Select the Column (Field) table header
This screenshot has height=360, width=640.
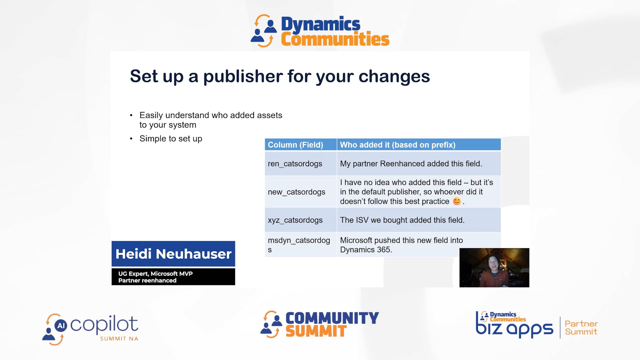tap(295, 145)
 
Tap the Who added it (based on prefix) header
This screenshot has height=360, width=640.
tap(397, 145)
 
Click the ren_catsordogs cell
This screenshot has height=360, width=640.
tap(295, 164)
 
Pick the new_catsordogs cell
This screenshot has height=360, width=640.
tap(296, 192)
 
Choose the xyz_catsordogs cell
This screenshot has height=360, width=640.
tap(295, 220)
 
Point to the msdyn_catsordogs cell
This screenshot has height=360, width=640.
tap(299, 244)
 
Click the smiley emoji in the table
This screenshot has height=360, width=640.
tap(457, 201)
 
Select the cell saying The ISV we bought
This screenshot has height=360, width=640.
tap(402, 220)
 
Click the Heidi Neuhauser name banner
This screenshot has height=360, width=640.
tap(173, 254)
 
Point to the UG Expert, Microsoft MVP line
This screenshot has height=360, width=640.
tap(155, 274)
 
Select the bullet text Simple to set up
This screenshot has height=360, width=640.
tap(171, 139)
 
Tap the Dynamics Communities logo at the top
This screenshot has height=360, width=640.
tap(320, 31)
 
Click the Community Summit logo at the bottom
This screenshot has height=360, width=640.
tap(320, 324)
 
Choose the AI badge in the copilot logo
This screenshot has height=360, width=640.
tap(61, 325)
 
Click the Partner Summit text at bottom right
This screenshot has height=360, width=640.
tap(581, 328)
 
